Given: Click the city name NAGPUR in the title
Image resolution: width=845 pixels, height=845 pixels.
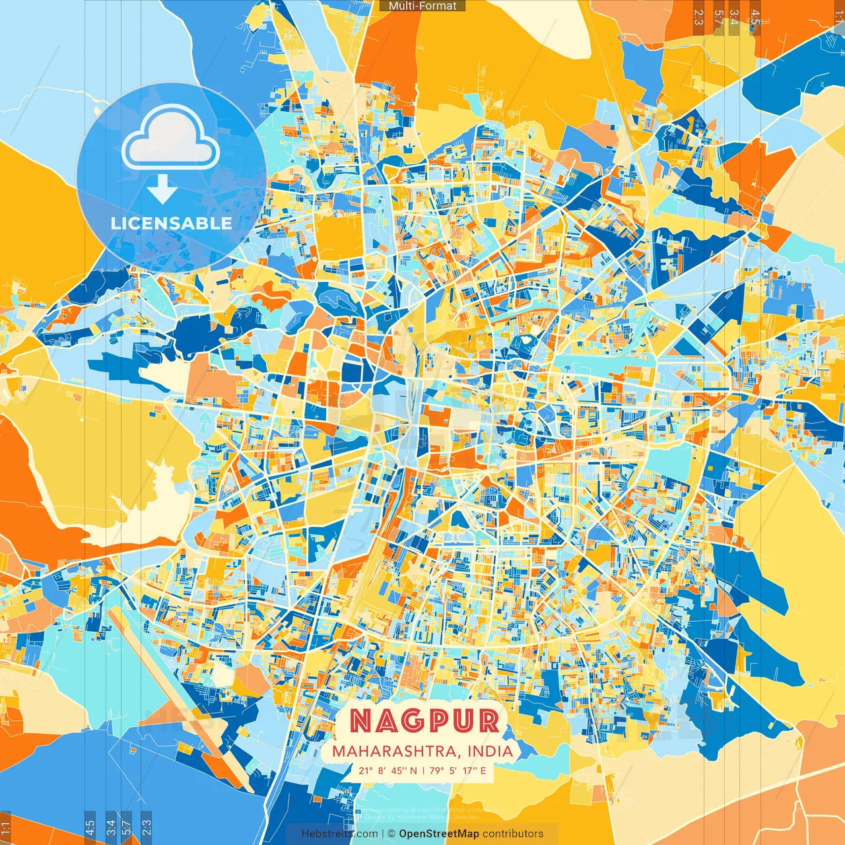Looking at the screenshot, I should point(424,721).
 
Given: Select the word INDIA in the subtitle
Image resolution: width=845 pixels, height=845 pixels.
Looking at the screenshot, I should point(490,751).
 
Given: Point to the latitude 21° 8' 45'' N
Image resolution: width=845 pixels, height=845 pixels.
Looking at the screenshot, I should point(388,770).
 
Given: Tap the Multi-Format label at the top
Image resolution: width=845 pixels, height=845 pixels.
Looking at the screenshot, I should point(422,6).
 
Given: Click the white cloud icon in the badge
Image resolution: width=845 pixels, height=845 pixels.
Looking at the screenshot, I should point(171,140).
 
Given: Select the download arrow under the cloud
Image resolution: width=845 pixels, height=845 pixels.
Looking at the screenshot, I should point(162,189).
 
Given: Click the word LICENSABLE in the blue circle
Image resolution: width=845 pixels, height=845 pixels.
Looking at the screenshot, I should point(172,223).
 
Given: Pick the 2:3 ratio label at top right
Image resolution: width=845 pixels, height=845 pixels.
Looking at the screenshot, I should point(698,17).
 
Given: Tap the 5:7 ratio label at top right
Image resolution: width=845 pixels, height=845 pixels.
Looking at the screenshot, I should point(718,17).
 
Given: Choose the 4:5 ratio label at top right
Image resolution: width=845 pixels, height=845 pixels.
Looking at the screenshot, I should point(755,17).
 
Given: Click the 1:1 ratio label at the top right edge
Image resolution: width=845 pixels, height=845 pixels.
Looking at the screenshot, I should point(840,17).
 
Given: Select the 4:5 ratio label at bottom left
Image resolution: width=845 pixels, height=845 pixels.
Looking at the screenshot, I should point(90,827).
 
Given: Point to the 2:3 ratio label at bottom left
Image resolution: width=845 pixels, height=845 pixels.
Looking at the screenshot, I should point(147,827).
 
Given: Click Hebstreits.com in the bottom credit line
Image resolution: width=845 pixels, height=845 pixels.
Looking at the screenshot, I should point(340,834).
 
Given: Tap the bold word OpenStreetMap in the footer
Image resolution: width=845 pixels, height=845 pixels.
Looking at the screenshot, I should point(439,834).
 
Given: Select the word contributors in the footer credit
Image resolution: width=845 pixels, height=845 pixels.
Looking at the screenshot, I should point(513,834).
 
